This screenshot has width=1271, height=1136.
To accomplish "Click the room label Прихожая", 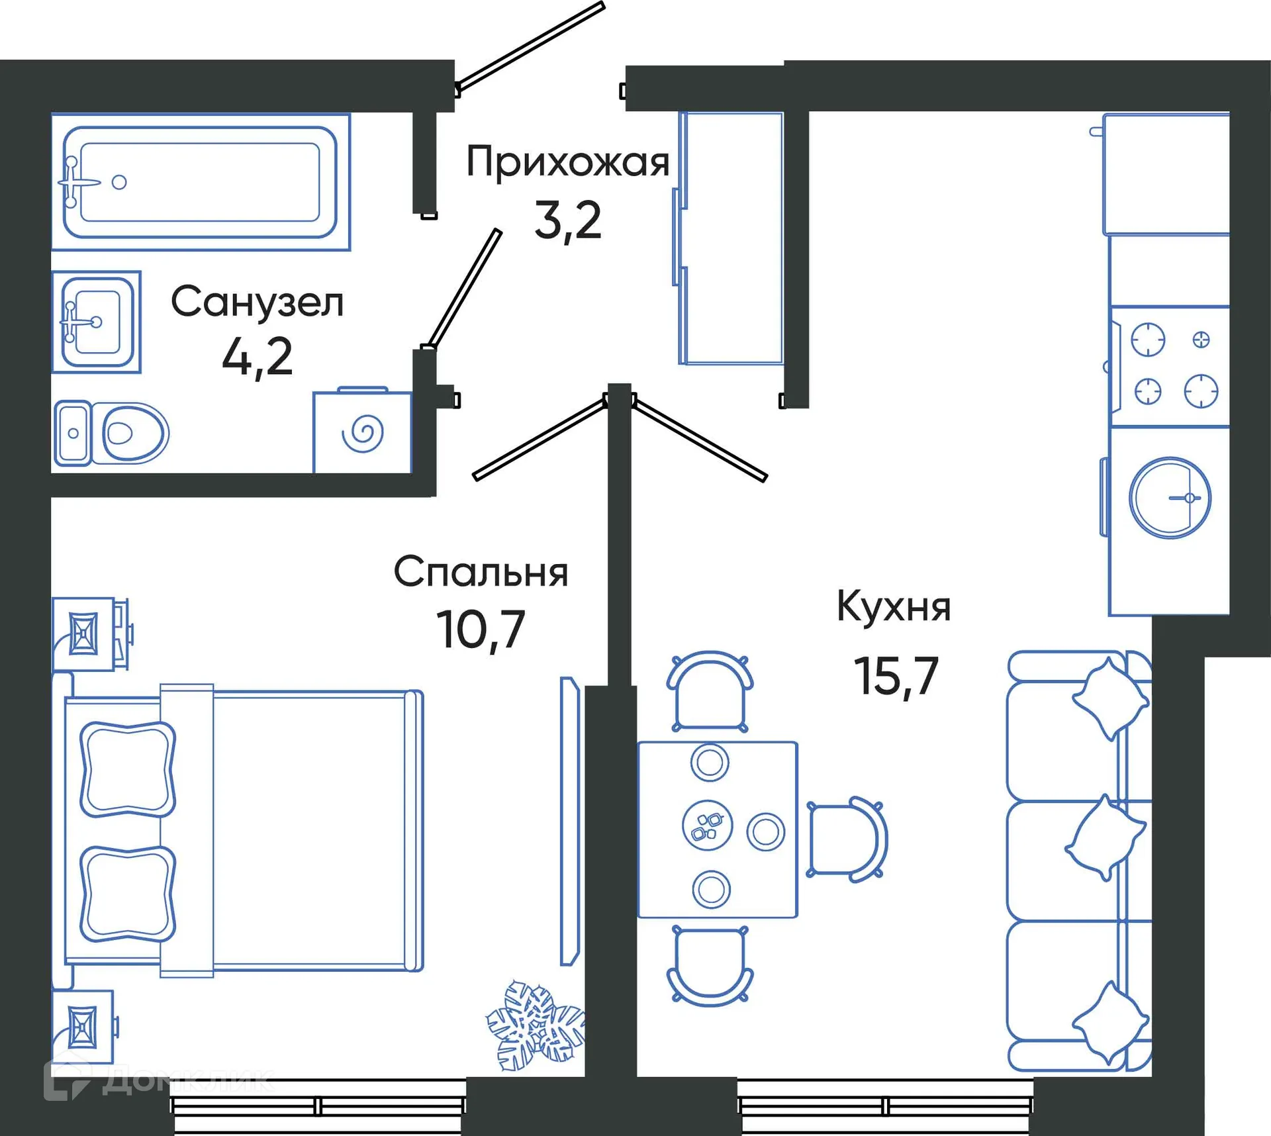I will [567, 162].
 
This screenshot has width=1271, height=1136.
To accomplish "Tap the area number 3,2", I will [567, 220].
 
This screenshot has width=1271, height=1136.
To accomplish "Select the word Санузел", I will [257, 303].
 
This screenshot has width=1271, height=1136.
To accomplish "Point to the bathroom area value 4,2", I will [257, 357].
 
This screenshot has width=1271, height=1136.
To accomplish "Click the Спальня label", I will [481, 572].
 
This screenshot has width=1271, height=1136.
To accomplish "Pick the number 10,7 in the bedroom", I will [481, 630].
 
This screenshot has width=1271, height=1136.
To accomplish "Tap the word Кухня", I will [894, 606].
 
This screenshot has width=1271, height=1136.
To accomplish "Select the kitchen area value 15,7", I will [896, 677].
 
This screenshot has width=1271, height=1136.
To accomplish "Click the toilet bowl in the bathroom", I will [132, 434].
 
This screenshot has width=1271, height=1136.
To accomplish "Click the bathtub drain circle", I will [119, 182].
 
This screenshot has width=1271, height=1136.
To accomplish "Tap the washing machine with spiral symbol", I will [362, 433].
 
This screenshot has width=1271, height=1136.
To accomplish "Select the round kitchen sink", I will [1170, 498].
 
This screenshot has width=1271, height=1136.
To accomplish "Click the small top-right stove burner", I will [1201, 340].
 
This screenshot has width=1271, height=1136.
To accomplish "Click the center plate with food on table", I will [707, 825].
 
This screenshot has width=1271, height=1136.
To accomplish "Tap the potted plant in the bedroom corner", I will [535, 1027].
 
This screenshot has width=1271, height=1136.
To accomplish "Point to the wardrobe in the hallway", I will [731, 238].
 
